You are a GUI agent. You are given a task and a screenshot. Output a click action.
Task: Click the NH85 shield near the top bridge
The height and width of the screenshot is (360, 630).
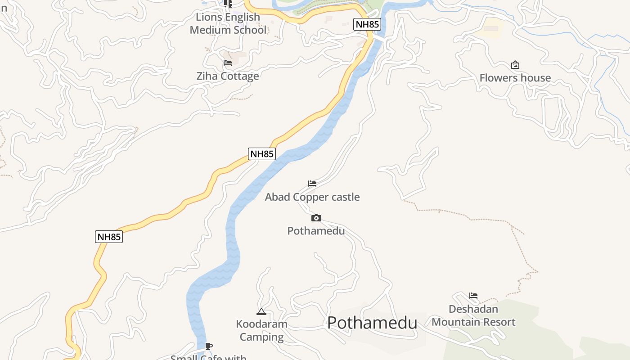(367, 24)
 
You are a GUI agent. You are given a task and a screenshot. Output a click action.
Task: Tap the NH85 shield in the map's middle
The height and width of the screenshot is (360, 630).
(261, 154)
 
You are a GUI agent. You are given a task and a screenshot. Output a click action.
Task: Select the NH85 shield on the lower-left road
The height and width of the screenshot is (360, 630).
(109, 237)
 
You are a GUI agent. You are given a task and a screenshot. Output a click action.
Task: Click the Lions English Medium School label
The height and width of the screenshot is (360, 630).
(228, 23)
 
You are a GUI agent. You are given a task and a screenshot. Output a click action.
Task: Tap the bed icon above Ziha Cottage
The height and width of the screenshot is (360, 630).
(228, 63)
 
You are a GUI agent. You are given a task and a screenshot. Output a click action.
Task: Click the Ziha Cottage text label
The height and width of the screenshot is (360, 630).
(228, 76)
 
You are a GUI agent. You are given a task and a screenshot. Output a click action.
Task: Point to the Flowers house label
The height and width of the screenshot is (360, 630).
(515, 78)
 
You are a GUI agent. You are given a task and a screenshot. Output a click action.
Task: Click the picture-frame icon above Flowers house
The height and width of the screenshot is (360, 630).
(515, 65)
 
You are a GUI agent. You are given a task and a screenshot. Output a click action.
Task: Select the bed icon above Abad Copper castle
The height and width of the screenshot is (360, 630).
(312, 184)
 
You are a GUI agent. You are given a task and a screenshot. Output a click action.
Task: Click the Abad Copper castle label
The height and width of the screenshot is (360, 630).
(312, 197)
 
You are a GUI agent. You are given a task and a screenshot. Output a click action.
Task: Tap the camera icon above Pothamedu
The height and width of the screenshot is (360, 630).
(316, 218)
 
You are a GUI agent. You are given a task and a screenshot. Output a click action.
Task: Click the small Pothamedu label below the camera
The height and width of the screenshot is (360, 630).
(316, 231)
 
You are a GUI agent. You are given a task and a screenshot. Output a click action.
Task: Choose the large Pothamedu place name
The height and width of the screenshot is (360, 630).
(372, 323)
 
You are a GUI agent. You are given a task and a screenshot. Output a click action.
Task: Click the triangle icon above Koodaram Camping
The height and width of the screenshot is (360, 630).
(261, 311)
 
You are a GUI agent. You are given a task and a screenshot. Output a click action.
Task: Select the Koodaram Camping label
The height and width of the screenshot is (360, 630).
(261, 330)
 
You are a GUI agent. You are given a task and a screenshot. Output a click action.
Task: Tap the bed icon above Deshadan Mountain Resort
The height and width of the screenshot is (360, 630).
(473, 296)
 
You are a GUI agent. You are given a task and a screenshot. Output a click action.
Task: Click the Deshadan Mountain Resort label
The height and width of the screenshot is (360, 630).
(473, 315)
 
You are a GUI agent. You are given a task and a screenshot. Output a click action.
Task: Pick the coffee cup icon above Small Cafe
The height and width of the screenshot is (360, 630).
(208, 346)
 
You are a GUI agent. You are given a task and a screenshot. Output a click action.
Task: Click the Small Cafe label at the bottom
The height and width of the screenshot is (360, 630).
(208, 357)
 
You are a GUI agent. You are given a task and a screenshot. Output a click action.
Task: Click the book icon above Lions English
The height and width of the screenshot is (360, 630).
(228, 4)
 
